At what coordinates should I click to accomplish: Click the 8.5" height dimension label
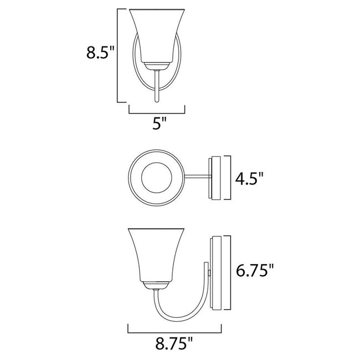pos(100,54)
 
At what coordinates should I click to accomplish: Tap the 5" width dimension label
pos(160,124)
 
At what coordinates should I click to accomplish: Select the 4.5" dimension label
pos(250,179)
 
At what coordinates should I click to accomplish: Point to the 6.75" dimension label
pos(255,271)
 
